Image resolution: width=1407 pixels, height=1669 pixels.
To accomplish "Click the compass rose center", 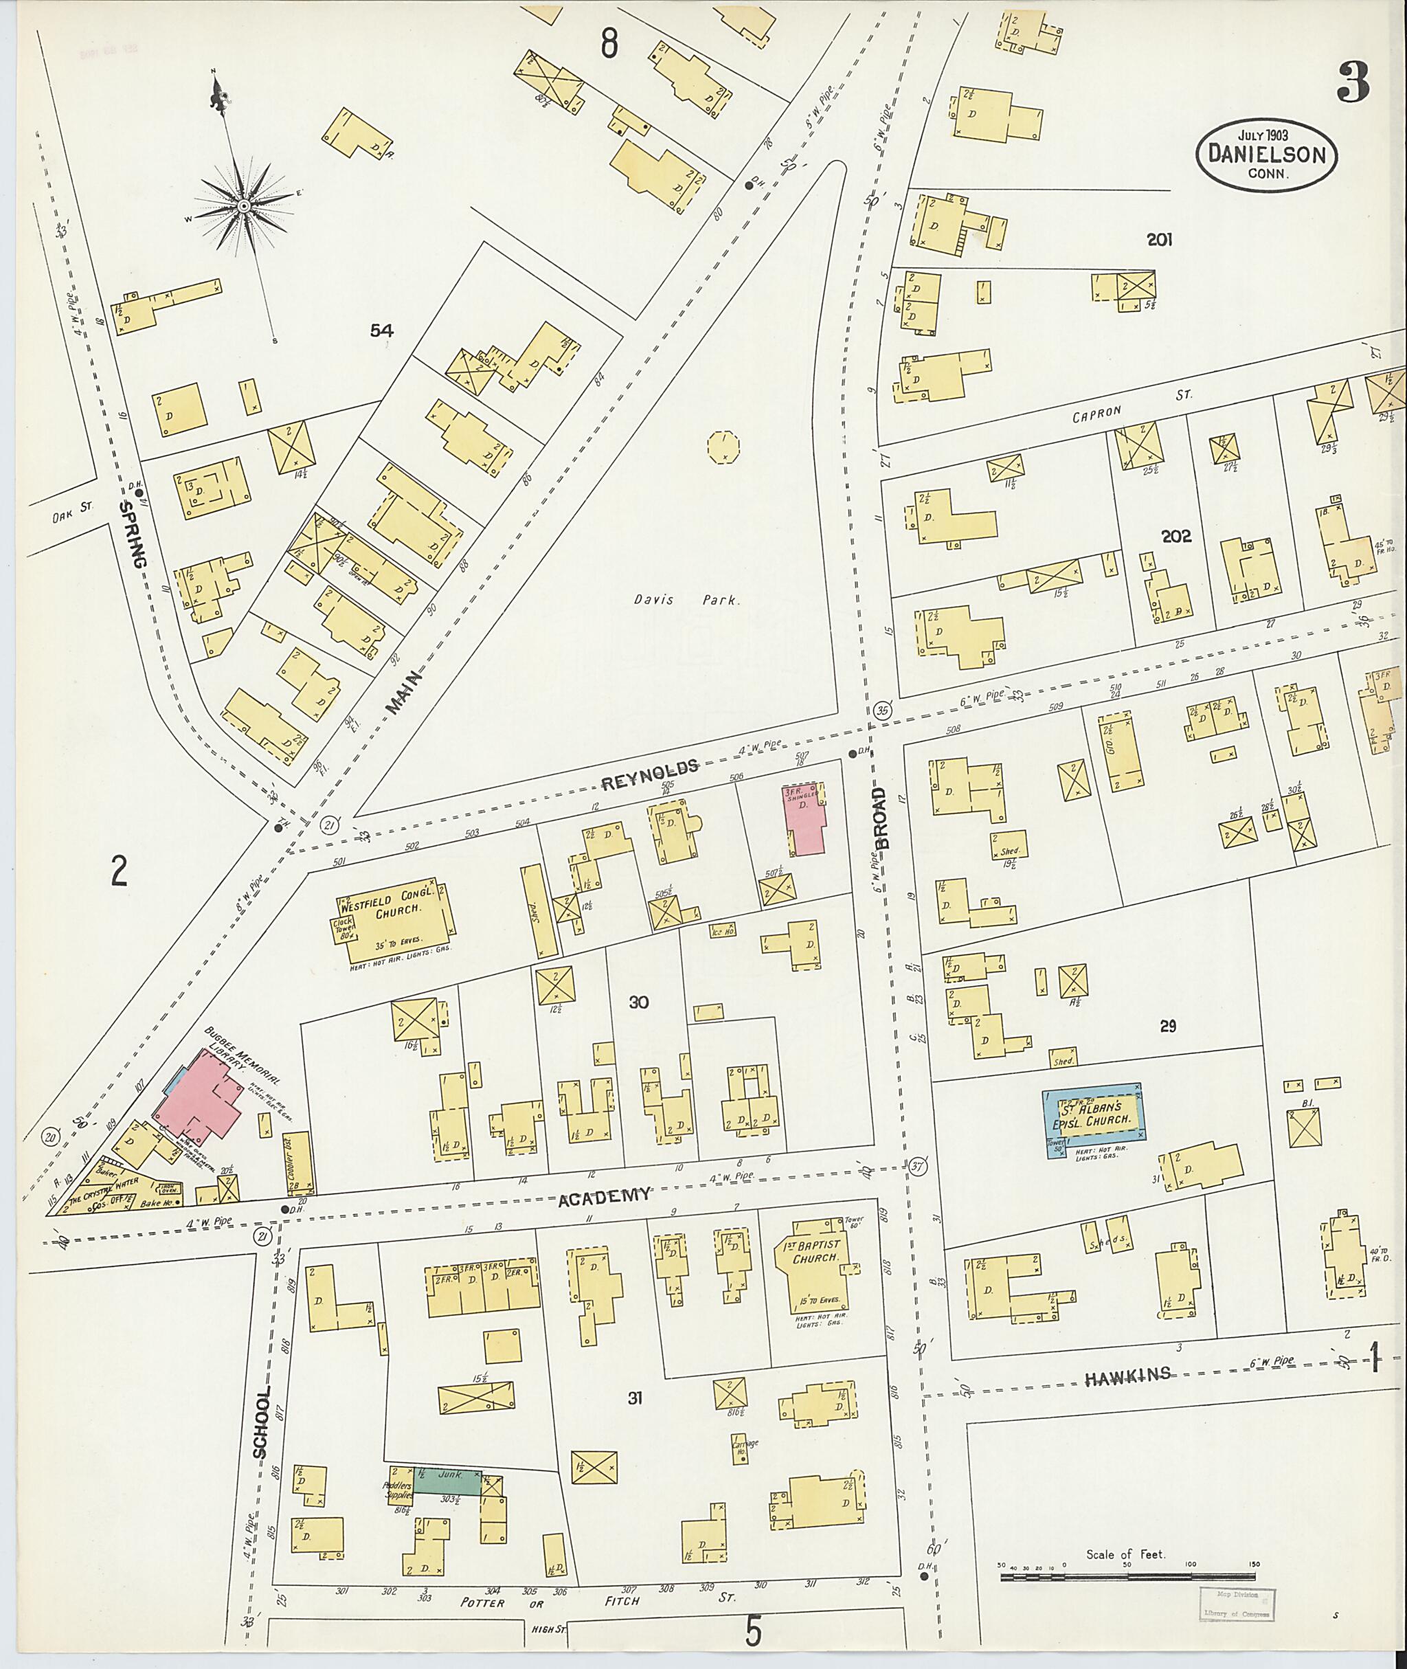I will pos(243,207).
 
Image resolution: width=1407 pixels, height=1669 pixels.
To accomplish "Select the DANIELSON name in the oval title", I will pos(1266,154).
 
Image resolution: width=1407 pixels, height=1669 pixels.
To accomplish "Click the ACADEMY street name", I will pos(604,1195).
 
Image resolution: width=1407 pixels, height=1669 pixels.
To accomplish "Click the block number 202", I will pos(1175,536).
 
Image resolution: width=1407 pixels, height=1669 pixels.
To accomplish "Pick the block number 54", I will pos(382,330).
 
